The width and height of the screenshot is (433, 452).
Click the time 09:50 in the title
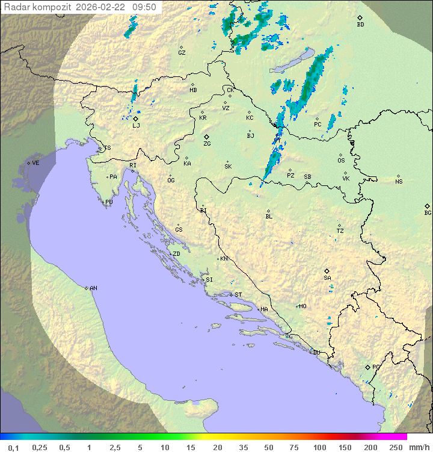[144, 7]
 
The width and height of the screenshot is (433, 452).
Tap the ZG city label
[207, 144]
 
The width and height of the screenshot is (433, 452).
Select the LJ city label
[136, 125]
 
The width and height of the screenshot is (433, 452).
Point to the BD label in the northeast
[360, 25]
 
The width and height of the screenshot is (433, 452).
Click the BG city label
[428, 212]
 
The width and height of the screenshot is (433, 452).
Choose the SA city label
[327, 277]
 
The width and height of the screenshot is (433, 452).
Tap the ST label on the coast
[238, 295]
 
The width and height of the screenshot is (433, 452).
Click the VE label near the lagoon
[35, 163]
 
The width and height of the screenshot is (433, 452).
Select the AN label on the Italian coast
[93, 288]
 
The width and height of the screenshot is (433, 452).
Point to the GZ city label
[182, 52]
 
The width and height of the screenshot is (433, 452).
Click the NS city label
[399, 182]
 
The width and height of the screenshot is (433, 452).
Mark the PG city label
[376, 367]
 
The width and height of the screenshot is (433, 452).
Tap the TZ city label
[340, 231]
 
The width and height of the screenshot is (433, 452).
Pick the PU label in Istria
[109, 202]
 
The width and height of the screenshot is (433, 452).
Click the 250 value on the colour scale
[396, 447]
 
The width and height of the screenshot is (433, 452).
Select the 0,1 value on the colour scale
[13, 447]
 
